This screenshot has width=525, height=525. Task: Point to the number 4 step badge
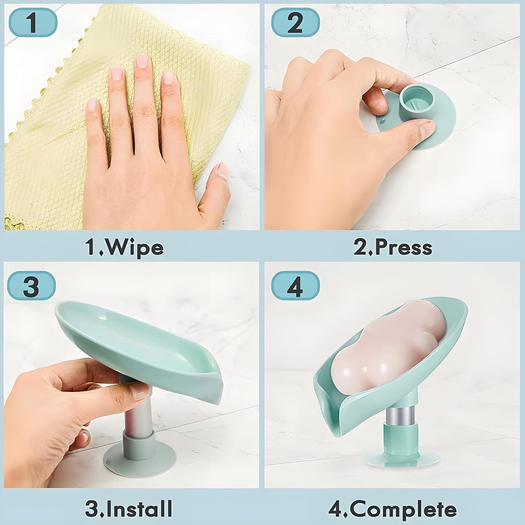(296, 286)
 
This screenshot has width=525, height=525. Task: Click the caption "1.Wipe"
(125, 247)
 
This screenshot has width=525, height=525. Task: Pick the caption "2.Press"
(393, 247)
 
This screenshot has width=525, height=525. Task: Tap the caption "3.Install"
(128, 508)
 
